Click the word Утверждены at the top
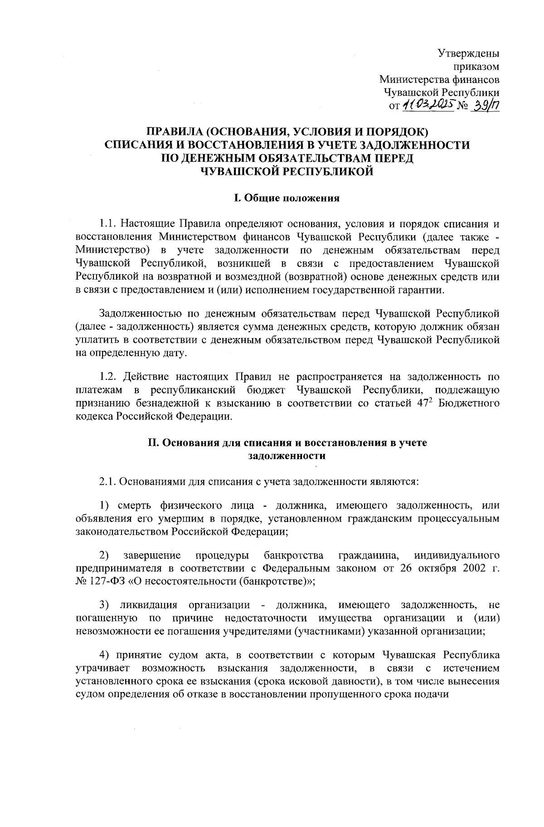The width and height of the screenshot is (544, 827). click(x=469, y=54)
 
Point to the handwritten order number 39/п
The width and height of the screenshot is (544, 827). click(x=486, y=106)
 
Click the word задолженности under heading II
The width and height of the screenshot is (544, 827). click(x=286, y=456)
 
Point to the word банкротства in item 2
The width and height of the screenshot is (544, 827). click(x=293, y=556)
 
